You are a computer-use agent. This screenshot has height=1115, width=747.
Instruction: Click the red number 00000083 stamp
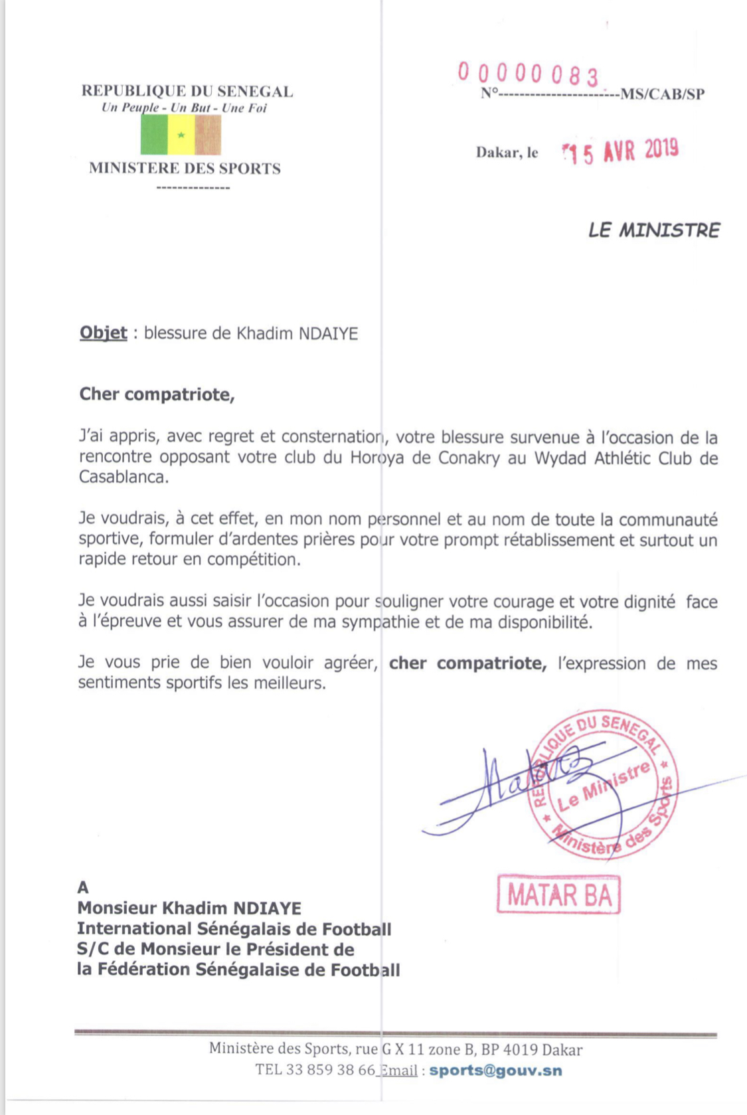point(529,74)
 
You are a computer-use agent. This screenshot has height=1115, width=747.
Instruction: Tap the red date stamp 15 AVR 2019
point(620,151)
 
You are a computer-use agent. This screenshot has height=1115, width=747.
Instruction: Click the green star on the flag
point(181,135)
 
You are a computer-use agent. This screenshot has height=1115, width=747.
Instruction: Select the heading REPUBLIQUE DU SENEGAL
point(187,91)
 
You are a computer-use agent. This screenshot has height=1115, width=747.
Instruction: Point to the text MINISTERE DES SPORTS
point(185,169)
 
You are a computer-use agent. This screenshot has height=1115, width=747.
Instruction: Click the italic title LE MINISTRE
point(653,230)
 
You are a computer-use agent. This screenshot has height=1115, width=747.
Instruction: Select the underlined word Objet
point(103,333)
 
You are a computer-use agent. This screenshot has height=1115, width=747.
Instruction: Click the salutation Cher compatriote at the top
point(157,394)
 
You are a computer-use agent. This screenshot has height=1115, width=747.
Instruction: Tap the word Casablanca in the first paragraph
point(123,477)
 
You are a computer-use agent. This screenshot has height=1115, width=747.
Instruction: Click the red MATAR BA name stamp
point(558,895)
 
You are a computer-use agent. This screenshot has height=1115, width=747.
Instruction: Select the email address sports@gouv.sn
point(495,1071)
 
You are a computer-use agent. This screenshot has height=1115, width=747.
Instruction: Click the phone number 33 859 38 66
point(330,1070)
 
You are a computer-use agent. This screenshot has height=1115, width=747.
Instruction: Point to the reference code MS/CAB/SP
point(662,94)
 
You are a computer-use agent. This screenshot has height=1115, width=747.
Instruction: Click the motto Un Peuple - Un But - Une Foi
point(184,108)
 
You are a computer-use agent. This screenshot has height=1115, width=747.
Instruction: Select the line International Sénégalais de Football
point(234,928)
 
